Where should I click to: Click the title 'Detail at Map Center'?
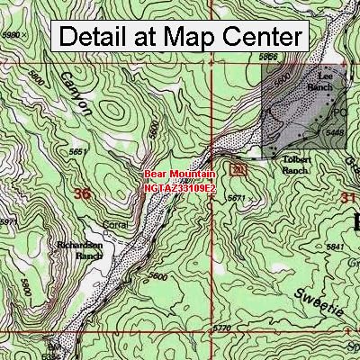(179, 38)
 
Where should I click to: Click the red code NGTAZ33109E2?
(179, 189)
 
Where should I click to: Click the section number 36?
(84, 193)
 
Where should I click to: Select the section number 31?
(347, 196)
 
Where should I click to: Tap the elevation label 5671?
(236, 196)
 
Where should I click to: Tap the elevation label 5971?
(7, 221)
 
